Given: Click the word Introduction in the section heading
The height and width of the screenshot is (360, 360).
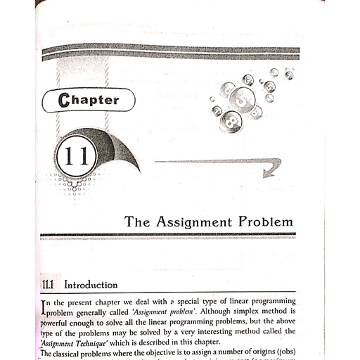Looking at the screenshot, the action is [x=91, y=285].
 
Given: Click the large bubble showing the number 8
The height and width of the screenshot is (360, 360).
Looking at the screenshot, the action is [x=229, y=121].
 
